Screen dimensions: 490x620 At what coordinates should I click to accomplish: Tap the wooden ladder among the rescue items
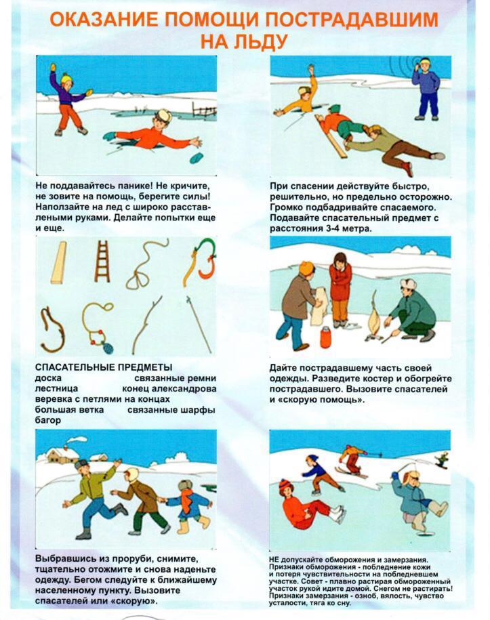pos(102,262)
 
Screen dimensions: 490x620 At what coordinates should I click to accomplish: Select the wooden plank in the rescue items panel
pos(58,263)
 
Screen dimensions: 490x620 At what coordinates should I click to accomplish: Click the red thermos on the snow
pos(325,337)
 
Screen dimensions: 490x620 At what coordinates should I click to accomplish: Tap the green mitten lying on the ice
pos(196,157)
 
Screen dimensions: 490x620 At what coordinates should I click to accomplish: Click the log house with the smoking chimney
pos(62,455)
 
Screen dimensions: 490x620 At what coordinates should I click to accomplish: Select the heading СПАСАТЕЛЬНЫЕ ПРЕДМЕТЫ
pos(104,367)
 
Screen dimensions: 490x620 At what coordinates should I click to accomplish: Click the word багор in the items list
pos(48,420)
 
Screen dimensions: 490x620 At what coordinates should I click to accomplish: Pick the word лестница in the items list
pos(56,388)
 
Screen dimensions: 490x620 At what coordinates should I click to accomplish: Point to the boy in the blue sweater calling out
pos(426,89)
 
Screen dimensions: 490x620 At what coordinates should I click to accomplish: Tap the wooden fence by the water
pos(204,110)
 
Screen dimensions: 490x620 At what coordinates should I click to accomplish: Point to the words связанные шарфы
pos(171,410)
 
